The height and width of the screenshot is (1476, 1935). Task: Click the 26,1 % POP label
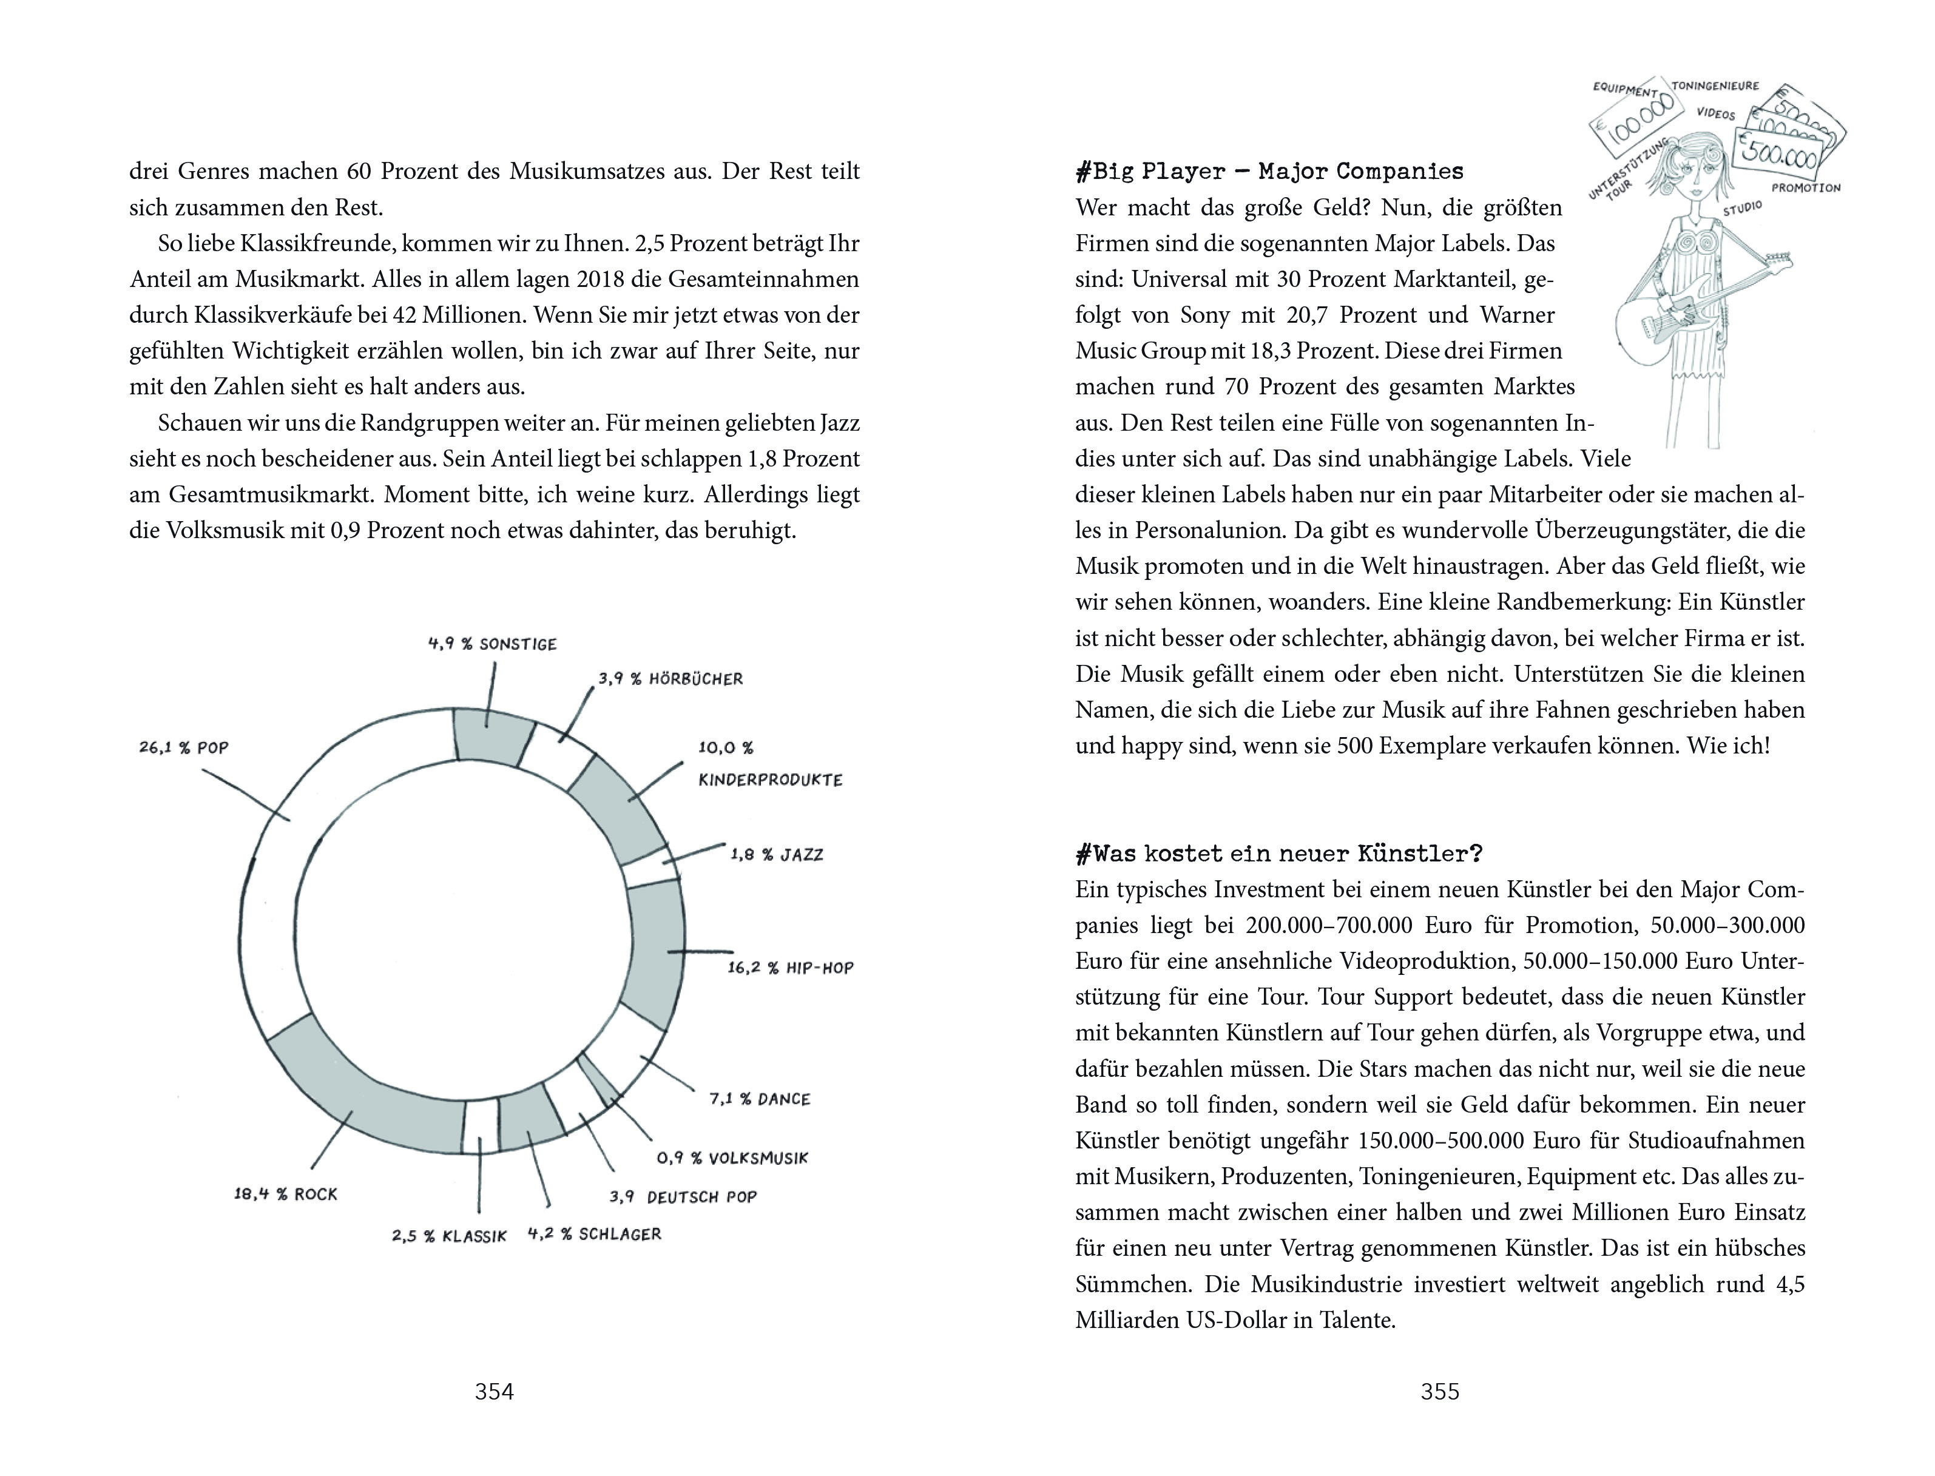pyautogui.click(x=184, y=747)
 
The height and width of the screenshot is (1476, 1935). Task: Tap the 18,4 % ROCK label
pyautogui.click(x=286, y=1194)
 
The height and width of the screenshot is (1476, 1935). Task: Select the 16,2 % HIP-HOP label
pyautogui.click(x=790, y=967)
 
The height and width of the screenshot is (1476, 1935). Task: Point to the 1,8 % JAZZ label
pyautogui.click(x=777, y=854)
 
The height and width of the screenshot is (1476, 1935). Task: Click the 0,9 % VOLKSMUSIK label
pyautogui.click(x=732, y=1158)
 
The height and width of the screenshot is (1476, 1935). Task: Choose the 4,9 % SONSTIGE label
pyautogui.click(x=492, y=644)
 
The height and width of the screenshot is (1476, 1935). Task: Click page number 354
pyautogui.click(x=494, y=1392)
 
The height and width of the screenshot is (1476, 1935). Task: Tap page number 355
pyautogui.click(x=1439, y=1392)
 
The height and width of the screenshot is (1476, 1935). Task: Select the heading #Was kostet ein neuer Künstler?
pyautogui.click(x=1278, y=853)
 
